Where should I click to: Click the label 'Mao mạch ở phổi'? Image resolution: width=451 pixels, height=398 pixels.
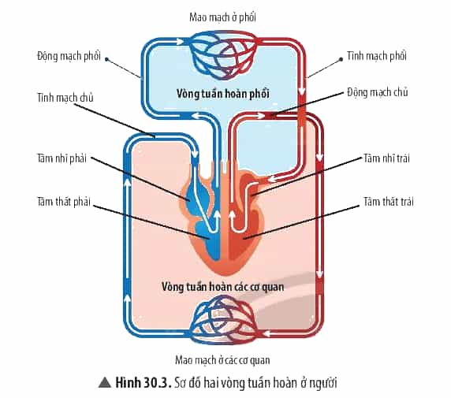click(222, 17)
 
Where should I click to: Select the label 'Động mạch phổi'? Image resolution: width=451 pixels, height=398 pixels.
click(69, 56)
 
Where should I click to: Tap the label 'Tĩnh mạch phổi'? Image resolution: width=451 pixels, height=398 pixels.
click(377, 56)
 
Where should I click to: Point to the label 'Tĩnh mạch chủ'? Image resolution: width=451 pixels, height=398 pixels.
click(65, 98)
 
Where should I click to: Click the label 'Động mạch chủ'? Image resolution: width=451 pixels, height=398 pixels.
click(377, 92)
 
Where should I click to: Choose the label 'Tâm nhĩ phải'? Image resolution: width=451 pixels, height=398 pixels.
click(61, 158)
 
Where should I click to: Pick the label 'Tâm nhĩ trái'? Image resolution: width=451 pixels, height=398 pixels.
click(386, 158)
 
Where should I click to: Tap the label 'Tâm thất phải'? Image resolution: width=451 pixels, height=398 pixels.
click(64, 202)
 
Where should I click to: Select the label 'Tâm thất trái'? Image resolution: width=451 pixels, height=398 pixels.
click(389, 202)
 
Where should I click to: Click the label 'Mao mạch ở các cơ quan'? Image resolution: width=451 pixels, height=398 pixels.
click(222, 360)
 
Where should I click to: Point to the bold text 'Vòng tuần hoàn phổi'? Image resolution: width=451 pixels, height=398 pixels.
click(223, 94)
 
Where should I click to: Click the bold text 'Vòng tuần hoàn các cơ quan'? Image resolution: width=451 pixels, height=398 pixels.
click(223, 287)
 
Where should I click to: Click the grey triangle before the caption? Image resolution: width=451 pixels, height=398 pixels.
click(105, 382)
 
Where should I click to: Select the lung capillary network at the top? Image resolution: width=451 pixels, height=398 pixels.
click(223, 54)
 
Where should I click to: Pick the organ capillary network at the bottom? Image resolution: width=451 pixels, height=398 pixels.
click(223, 319)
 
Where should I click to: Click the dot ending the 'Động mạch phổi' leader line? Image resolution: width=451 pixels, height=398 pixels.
click(106, 59)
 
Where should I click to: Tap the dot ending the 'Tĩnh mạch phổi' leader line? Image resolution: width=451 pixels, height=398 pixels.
click(341, 59)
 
